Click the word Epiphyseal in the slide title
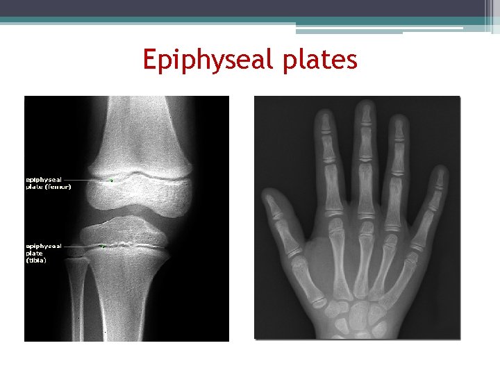pyautogui.click(x=209, y=60)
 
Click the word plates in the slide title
pyautogui.click(x=320, y=60)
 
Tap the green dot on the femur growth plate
pyautogui.click(x=110, y=181)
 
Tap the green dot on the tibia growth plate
pyautogui.click(x=102, y=246)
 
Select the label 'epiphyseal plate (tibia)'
pyautogui.click(x=44, y=253)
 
